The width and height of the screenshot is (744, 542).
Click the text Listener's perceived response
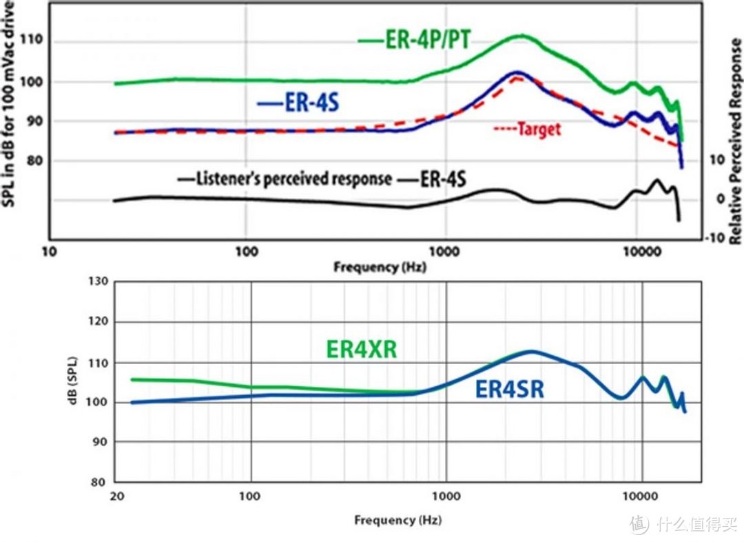click(x=293, y=179)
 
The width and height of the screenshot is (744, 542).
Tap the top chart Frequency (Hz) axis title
click(x=380, y=266)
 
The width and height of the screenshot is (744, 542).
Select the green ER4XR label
click(x=361, y=349)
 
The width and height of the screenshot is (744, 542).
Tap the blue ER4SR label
click(x=510, y=390)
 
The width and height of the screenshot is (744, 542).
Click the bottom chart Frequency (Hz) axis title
click(x=397, y=519)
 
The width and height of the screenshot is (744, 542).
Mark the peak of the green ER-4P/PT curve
click(x=522, y=36)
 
